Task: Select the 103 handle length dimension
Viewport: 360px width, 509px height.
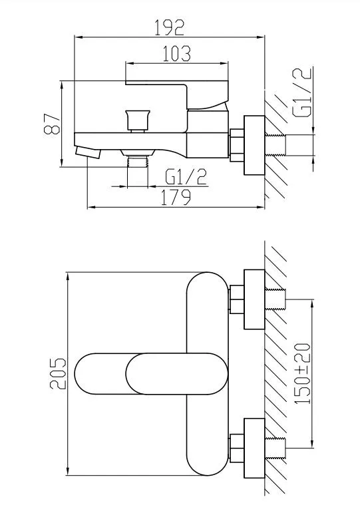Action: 175,53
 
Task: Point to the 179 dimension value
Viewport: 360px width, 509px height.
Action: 176,196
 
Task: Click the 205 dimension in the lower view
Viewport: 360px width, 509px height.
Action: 58,374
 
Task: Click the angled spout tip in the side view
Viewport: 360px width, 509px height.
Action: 88,152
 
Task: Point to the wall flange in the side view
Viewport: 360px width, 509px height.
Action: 255,146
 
